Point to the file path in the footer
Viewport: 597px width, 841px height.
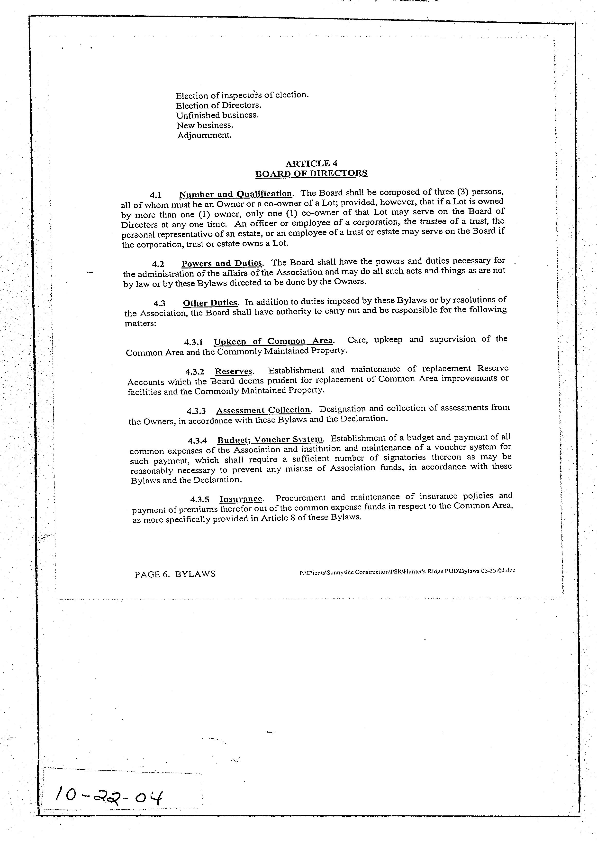(x=407, y=572)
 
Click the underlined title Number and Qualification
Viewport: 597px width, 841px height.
(x=235, y=194)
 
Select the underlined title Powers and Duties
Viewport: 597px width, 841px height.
(x=221, y=263)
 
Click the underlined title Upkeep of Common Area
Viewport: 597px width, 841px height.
(x=273, y=341)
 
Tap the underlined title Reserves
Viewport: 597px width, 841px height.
(x=234, y=371)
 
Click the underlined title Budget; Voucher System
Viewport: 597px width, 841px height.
(x=270, y=440)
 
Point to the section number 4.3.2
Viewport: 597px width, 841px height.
(x=195, y=372)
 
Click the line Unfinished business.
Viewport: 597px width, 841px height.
(x=217, y=115)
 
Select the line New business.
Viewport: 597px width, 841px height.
(x=205, y=125)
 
